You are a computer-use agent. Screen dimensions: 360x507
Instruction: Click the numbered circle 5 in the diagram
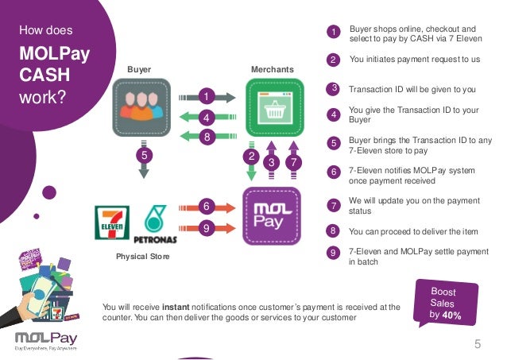[x=144, y=156]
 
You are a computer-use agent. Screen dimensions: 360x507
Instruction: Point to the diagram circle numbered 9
[x=205, y=229]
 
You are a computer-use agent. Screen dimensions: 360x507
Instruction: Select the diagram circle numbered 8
[x=205, y=137]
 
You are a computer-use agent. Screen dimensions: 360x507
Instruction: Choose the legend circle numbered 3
[x=334, y=87]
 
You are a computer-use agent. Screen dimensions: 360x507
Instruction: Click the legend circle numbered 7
[x=334, y=206]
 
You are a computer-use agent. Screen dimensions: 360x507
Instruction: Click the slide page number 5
[x=478, y=344]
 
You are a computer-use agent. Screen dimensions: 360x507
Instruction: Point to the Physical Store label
[x=143, y=257]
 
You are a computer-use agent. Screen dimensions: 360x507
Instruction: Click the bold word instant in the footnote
[x=177, y=306]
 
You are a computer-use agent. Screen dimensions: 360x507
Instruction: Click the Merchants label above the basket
[x=272, y=70]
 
